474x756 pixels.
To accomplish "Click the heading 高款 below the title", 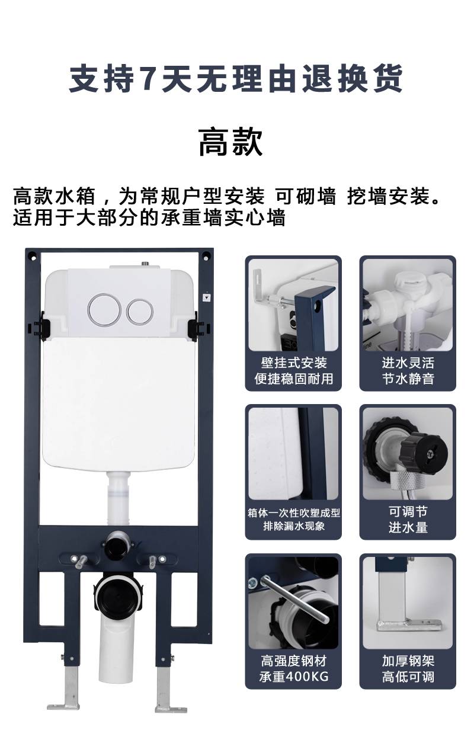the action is click(230, 142).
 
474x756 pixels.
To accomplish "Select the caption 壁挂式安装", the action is click(293, 363).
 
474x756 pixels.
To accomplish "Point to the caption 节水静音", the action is click(408, 379).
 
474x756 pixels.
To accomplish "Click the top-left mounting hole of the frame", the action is click(33, 258).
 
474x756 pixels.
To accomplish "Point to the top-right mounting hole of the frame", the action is click(206, 257).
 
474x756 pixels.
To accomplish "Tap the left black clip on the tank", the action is click(41, 326).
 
